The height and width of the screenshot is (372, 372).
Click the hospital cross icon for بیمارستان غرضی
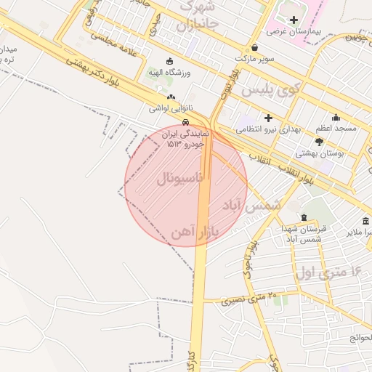click(294, 20)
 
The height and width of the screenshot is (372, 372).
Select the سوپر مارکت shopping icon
click(254, 45)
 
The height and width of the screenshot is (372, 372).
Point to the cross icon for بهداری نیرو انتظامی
click(268, 117)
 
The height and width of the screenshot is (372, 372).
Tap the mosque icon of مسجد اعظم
click(336, 117)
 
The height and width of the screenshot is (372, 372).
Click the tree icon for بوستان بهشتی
click(319, 142)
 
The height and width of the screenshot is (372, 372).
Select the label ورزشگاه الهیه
click(170, 73)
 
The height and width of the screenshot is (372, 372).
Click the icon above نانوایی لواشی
click(171, 97)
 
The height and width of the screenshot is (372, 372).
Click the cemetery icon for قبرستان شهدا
click(304, 218)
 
